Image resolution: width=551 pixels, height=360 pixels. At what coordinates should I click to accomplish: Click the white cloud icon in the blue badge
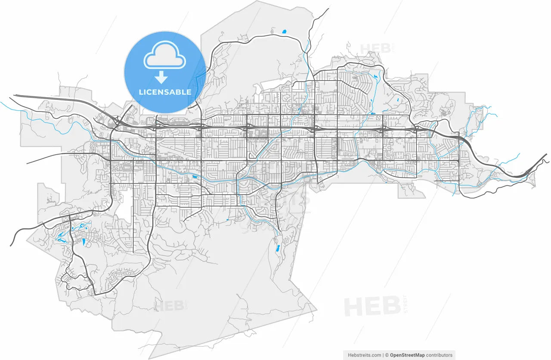pos(165,57)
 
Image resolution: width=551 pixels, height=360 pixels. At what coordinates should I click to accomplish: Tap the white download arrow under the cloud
pos(161,78)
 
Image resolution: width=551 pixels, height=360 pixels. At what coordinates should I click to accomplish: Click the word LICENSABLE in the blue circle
pos(165,92)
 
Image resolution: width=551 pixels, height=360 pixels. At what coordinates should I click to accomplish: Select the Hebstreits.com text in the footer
pos(364,355)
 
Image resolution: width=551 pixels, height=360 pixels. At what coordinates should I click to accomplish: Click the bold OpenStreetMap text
pos(407,355)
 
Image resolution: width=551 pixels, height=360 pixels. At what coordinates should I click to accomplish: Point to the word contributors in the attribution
pos(440,355)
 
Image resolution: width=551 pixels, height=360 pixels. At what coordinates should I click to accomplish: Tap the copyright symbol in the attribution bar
pos(387,355)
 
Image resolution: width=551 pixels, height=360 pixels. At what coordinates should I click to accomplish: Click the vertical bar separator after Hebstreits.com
pos(383,355)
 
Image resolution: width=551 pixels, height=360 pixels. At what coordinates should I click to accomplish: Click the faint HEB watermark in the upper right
pos(375,48)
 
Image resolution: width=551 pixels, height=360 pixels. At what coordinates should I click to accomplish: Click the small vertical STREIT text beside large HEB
pos(405,304)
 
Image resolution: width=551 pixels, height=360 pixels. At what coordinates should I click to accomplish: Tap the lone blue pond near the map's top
pos(284,31)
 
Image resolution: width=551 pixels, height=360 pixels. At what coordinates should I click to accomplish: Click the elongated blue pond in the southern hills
pos(278,248)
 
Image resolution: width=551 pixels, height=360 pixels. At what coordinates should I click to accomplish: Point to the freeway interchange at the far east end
pos(528,172)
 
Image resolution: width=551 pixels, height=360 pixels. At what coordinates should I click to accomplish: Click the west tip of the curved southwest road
pos(11,245)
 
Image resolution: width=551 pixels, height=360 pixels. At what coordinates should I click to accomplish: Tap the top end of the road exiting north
pos(328,9)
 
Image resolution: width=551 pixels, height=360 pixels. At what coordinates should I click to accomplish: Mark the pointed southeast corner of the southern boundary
pos(317,309)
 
